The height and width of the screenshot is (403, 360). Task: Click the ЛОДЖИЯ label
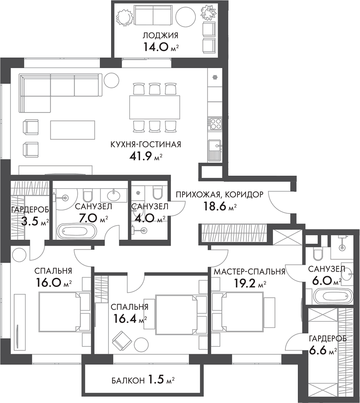point(160,36)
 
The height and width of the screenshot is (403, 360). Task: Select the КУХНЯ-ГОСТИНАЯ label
point(146,144)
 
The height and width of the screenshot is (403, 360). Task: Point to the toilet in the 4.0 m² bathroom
point(157,192)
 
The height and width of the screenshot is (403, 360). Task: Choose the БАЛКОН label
point(128,381)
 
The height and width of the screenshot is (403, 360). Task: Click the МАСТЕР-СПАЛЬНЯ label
point(249,272)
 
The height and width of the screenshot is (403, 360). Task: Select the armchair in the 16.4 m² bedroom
point(122,340)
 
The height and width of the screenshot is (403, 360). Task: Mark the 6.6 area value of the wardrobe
point(318,351)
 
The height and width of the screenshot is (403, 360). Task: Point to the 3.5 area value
point(30,221)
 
